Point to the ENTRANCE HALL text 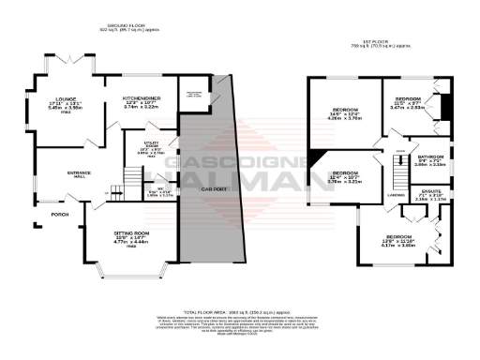point(52,174)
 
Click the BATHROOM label point(430,159)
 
